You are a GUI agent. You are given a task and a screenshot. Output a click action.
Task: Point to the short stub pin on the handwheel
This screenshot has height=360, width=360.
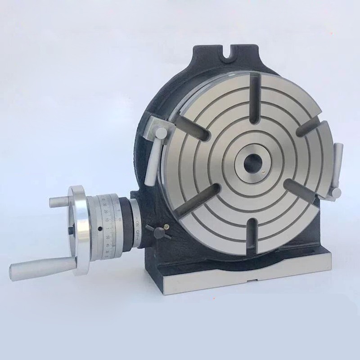coord(59,202)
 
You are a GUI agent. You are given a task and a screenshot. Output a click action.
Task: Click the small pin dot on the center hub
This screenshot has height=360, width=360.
coord(262,171)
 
